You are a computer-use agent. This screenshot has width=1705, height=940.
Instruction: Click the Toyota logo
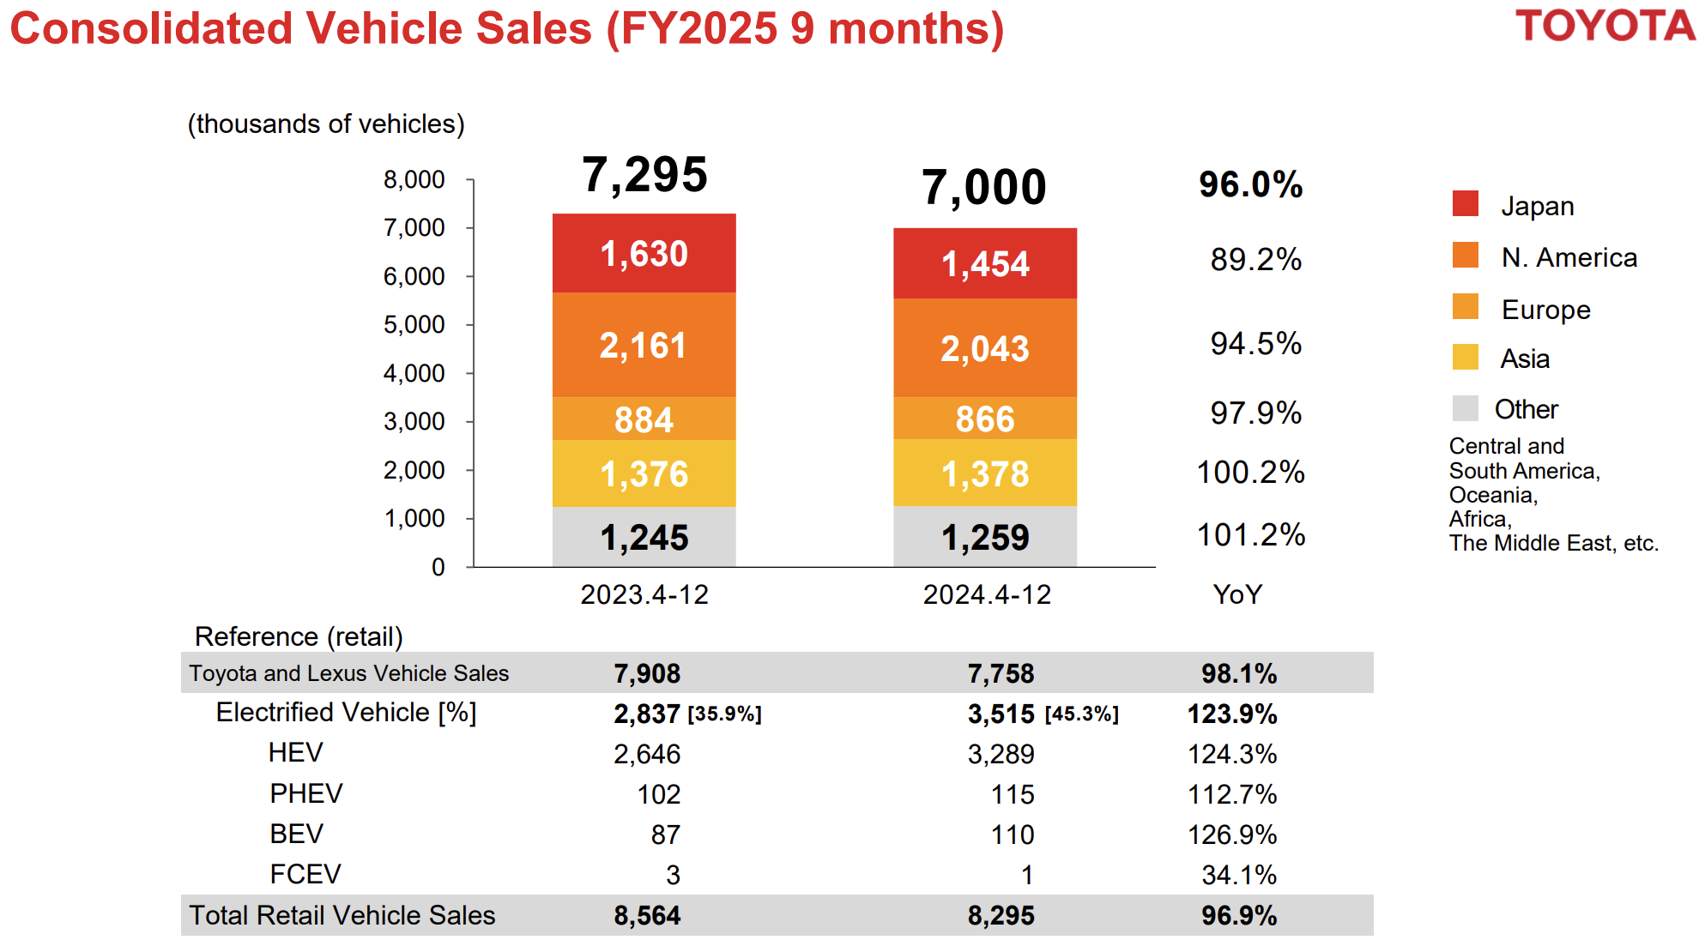coord(1604,26)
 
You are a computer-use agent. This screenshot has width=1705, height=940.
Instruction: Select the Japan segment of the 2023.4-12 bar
coord(644,253)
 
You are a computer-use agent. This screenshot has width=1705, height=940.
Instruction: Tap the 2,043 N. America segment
coord(984,348)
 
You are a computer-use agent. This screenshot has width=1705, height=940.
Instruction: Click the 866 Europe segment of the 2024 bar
coord(984,419)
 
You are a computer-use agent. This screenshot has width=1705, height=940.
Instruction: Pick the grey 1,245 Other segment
coord(644,537)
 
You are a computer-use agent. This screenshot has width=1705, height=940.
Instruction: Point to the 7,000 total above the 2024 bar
coord(983,187)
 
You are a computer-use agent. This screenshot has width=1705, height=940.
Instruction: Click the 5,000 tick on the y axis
coord(414,325)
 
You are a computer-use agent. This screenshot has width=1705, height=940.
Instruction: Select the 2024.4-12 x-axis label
coord(987,594)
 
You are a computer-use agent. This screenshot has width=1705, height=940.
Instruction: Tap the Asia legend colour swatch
coord(1466,358)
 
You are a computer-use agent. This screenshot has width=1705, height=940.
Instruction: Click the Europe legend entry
coord(1545,310)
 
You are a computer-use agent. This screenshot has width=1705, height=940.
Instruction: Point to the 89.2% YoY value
coord(1255,259)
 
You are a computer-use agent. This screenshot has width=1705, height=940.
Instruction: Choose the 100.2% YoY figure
coord(1250,472)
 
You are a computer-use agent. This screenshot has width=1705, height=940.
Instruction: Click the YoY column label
coord(1237,594)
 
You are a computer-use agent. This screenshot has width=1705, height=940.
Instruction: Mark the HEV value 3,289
coord(1001,754)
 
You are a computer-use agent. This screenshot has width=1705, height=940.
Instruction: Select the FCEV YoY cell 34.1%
coord(1238,875)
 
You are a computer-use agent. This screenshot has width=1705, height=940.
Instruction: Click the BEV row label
coord(296,834)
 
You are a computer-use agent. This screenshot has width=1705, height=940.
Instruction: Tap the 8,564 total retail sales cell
coord(647,915)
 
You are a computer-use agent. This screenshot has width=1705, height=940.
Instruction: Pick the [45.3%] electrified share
coord(1081,714)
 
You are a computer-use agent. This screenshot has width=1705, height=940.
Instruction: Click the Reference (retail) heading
coord(299,636)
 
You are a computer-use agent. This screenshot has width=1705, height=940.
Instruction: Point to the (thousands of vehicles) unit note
coord(326,124)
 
